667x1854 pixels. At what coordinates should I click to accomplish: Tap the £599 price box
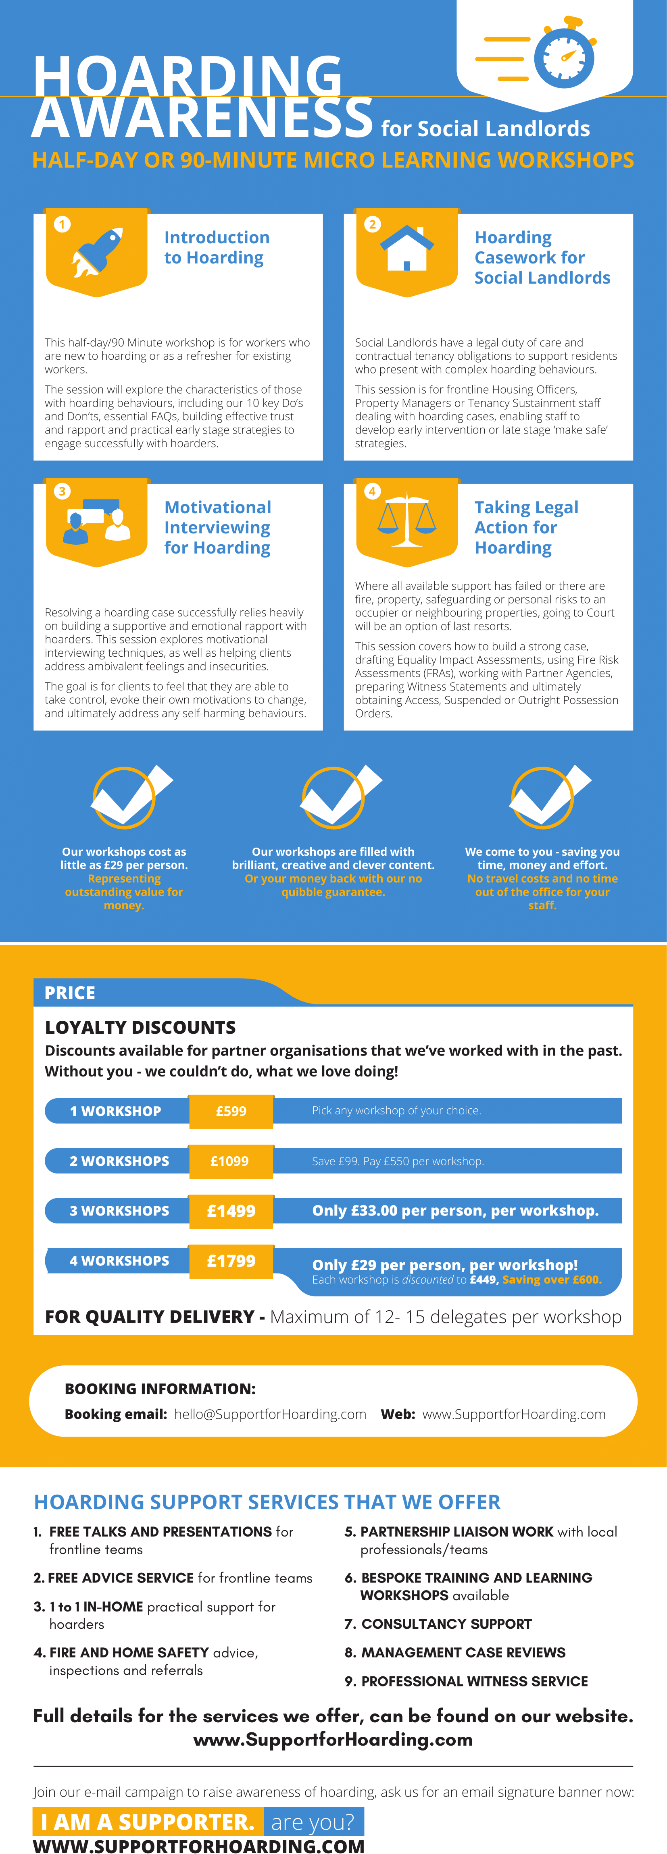click(x=231, y=1111)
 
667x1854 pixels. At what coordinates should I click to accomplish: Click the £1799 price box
click(x=231, y=1261)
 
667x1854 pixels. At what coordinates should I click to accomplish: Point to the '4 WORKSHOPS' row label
click(x=119, y=1261)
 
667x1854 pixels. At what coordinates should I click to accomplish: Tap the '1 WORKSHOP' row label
click(x=115, y=1111)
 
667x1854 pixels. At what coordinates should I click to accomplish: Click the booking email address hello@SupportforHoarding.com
click(x=270, y=1414)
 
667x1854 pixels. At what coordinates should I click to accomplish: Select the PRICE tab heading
click(x=70, y=993)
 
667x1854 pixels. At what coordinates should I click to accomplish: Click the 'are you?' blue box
click(x=313, y=1822)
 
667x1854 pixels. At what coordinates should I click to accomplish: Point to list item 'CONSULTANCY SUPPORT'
click(x=446, y=1624)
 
